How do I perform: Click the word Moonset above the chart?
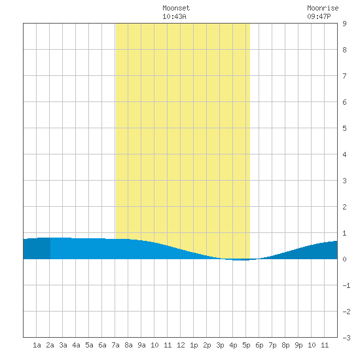click(x=176, y=8)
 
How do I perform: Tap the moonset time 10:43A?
click(x=174, y=16)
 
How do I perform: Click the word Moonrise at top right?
click(x=323, y=8)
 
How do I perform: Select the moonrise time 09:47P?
click(x=319, y=16)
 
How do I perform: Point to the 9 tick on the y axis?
click(x=344, y=24)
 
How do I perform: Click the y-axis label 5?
click(x=344, y=128)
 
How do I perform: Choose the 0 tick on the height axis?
click(x=344, y=259)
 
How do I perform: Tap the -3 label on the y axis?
click(x=346, y=338)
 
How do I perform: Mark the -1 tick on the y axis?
click(x=346, y=285)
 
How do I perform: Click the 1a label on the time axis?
click(x=37, y=345)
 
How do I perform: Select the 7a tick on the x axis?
click(x=115, y=345)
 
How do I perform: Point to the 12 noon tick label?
click(x=181, y=345)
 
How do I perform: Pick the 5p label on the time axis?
click(x=246, y=345)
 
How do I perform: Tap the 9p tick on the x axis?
click(x=298, y=345)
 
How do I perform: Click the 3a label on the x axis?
click(x=63, y=345)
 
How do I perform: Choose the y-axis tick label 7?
click(x=344, y=76)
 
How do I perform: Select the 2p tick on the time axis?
click(x=207, y=345)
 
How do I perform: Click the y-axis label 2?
click(x=344, y=207)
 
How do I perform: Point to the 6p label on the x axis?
click(x=259, y=345)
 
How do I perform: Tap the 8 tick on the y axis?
click(x=344, y=50)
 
